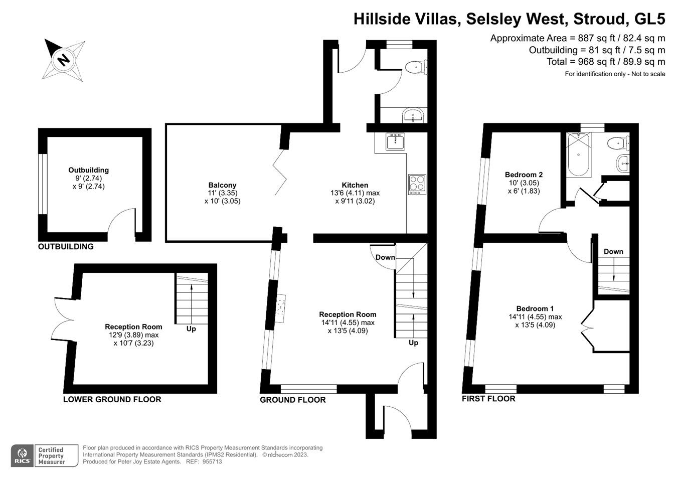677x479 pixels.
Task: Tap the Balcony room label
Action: pos(222,185)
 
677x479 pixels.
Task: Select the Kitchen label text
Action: pos(355,185)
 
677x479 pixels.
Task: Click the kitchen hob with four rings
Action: pos(417,184)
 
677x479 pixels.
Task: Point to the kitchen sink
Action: pos(395,141)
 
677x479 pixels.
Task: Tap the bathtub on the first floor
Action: pos(579,154)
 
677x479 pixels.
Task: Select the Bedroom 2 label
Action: pos(524,175)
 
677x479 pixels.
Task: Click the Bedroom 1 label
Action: pos(535,308)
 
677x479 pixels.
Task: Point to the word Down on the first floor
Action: pos(613,252)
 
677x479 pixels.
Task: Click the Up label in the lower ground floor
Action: pos(191,329)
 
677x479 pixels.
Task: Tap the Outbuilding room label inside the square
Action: pos(89,170)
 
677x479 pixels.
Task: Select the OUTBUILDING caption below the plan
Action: pos(66,247)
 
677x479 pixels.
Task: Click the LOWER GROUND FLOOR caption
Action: pos(112,400)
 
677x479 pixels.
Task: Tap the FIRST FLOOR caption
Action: pos(488,399)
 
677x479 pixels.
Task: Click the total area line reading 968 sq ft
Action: pos(605,62)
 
